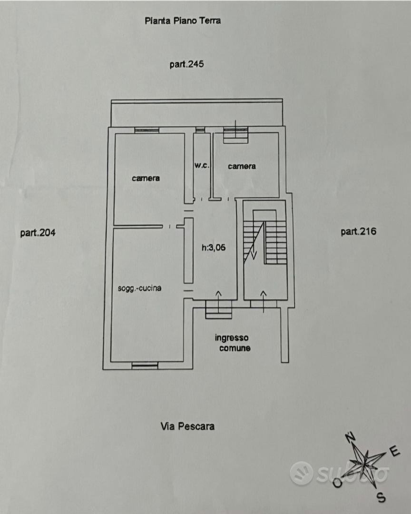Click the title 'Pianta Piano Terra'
[183, 20]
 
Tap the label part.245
[186, 64]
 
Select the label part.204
[38, 233]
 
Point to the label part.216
[358, 231]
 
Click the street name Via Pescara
[187, 426]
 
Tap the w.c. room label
[202, 166]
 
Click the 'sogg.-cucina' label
[140, 288]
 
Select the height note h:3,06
[214, 247]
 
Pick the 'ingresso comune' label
[232, 343]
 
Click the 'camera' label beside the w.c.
[242, 166]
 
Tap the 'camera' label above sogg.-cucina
[146, 178]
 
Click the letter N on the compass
[351, 437]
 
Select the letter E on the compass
[395, 452]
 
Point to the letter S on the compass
[381, 498]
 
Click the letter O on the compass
[337, 483]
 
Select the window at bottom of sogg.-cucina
[145, 365]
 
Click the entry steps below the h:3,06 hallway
[219, 310]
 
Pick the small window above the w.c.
[200, 130]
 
